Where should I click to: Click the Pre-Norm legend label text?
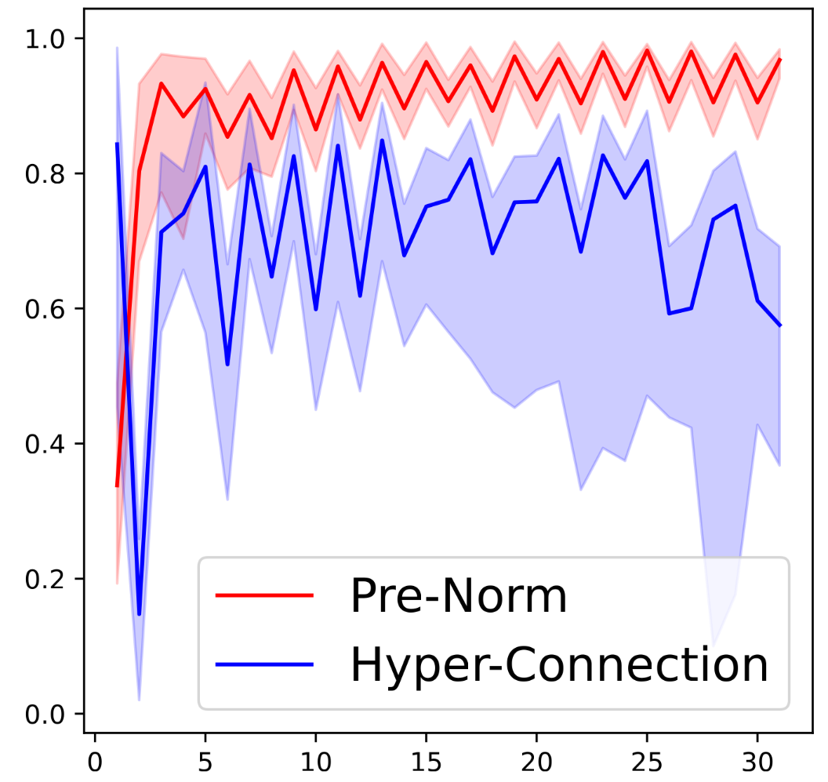tap(458, 597)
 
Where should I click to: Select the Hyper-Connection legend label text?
tap(558, 665)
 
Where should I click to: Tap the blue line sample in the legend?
tap(264, 665)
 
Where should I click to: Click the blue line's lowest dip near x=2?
tap(139, 614)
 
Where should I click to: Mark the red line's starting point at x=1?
tap(117, 486)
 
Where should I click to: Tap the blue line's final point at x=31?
tap(780, 325)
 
